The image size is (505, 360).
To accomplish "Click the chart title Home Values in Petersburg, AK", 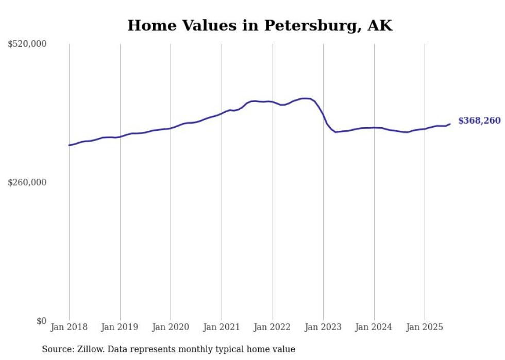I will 260,26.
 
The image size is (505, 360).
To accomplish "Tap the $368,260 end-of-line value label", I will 479,121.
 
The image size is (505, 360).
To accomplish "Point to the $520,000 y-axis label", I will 27,44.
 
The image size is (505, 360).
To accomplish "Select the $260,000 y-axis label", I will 27,182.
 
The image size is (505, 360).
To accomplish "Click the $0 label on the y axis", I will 41,321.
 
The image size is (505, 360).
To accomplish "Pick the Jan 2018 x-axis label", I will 69,327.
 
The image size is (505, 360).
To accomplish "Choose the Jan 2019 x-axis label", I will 120,327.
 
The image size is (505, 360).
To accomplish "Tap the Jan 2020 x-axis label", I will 171,327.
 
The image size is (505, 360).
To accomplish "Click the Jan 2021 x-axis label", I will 222,327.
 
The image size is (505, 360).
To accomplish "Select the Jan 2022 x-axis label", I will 273,327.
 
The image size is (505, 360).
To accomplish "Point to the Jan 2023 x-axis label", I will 323,327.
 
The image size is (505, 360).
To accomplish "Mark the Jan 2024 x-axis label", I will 374,327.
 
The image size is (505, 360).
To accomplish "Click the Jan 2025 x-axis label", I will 425,327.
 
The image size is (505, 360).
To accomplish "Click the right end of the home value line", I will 450,124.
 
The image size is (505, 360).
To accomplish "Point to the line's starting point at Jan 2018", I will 69,145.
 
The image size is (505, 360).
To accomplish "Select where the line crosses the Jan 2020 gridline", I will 171,128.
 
